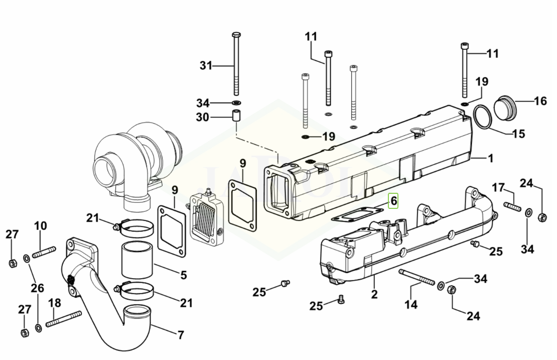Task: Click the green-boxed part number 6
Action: (393, 201)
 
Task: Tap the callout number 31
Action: (206, 66)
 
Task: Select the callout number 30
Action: (203, 117)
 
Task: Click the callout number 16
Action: (540, 101)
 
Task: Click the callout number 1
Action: (491, 158)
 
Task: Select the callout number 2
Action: (374, 294)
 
